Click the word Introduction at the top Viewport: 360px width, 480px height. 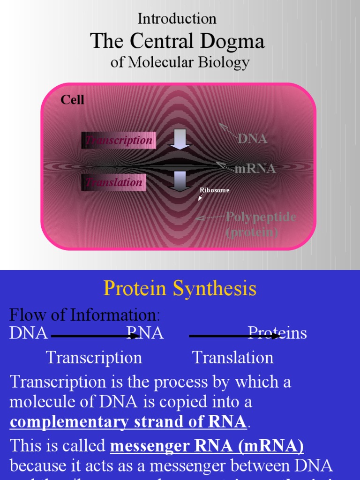177,19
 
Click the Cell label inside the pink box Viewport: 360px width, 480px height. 72,100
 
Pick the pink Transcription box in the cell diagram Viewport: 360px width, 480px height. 119,140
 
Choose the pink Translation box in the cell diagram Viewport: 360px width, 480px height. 114,182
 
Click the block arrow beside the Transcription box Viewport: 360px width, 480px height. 180,139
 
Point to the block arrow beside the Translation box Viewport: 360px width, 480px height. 180,181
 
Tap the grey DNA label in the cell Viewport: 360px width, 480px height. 252,139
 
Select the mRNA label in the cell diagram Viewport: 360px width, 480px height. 255,169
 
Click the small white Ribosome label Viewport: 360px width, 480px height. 215,190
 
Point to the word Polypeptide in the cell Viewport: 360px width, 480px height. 261,217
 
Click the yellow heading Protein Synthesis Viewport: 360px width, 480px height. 180,289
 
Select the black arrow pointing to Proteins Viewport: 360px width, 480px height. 234,336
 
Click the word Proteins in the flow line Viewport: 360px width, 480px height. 277,333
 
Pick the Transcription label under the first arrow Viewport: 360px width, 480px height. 94,358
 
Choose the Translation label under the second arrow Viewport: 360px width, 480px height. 233,358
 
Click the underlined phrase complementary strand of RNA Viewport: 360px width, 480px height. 128,422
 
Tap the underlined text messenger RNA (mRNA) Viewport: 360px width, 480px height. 207,446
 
